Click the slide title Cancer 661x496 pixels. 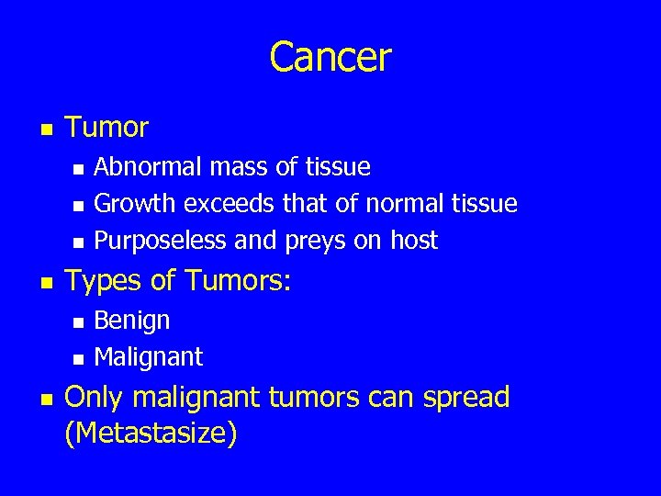coord(330,57)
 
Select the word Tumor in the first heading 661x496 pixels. coord(106,128)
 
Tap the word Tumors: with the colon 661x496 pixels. coord(237,281)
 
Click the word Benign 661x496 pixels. coord(132,321)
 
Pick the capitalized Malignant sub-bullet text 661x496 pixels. coord(149,356)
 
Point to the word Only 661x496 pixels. coord(96,397)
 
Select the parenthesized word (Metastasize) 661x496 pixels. coord(151,432)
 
